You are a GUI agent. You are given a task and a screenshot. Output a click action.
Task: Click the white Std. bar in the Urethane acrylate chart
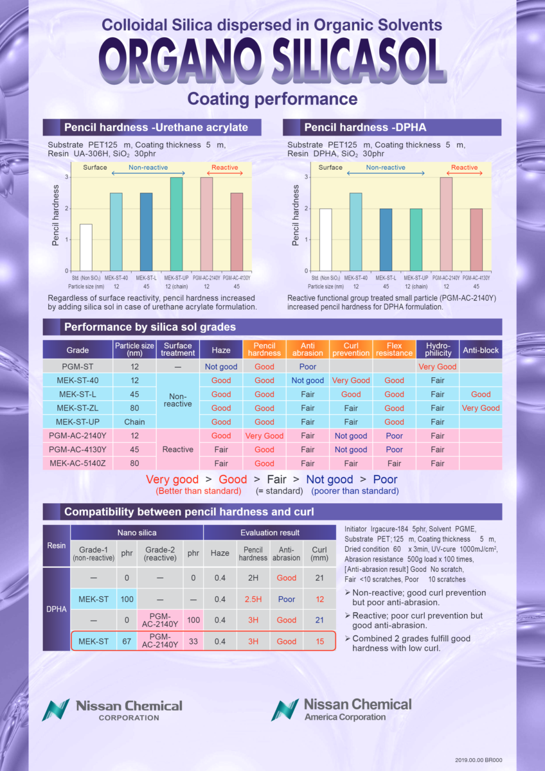[x=86, y=247]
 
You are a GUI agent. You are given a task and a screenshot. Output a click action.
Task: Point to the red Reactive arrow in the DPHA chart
[x=464, y=173]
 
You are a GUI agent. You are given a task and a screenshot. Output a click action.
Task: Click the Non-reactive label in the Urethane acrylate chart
[x=148, y=167]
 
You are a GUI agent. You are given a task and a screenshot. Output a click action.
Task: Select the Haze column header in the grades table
[x=221, y=350]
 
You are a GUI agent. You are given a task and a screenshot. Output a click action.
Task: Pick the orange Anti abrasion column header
[x=308, y=350]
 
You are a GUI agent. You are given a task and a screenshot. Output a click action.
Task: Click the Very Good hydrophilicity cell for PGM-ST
[x=437, y=367]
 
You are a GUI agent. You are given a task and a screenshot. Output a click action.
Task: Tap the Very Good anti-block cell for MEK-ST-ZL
[x=481, y=408]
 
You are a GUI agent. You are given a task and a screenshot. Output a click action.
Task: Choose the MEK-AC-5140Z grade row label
[x=78, y=463]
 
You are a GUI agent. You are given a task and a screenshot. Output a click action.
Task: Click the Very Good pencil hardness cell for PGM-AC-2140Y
[x=264, y=436]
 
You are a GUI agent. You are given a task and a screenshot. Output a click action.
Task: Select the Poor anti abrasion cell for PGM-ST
[x=308, y=367]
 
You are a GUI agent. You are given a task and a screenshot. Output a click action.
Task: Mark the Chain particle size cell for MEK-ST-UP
[x=134, y=422]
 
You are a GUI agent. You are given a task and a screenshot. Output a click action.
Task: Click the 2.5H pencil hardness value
[x=253, y=599]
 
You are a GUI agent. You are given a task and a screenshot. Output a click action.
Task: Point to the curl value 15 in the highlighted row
[x=319, y=641]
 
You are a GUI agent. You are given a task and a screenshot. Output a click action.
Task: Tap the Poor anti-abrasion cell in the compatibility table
[x=286, y=599]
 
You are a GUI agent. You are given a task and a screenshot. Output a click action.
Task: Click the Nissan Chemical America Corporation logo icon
[x=283, y=709]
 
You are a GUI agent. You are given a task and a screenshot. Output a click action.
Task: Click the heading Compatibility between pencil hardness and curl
[x=189, y=512]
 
